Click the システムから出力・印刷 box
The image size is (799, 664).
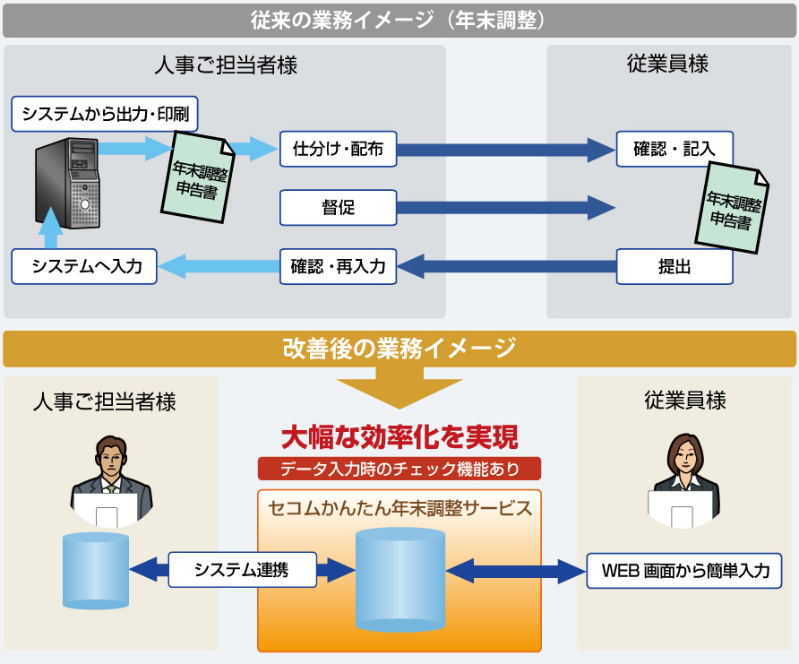pos(105,114)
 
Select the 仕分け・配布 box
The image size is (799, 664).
pos(338,150)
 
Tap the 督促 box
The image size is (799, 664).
pos(338,208)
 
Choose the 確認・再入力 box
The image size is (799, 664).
pos(338,266)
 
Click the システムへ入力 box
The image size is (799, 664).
pos(86,266)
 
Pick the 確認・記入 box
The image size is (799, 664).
pos(674,150)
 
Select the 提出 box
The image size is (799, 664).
pos(674,266)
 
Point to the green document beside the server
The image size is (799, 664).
pos(199,173)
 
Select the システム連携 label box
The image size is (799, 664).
pos(241,570)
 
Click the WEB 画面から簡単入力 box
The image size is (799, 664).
pos(685,571)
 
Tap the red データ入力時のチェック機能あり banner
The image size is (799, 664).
pos(399,469)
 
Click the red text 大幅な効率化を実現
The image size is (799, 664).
pos(399,437)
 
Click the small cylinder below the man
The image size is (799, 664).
pos(96,571)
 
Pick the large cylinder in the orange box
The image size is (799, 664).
pos(399,578)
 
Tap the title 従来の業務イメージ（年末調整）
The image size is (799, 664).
pos(399,20)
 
